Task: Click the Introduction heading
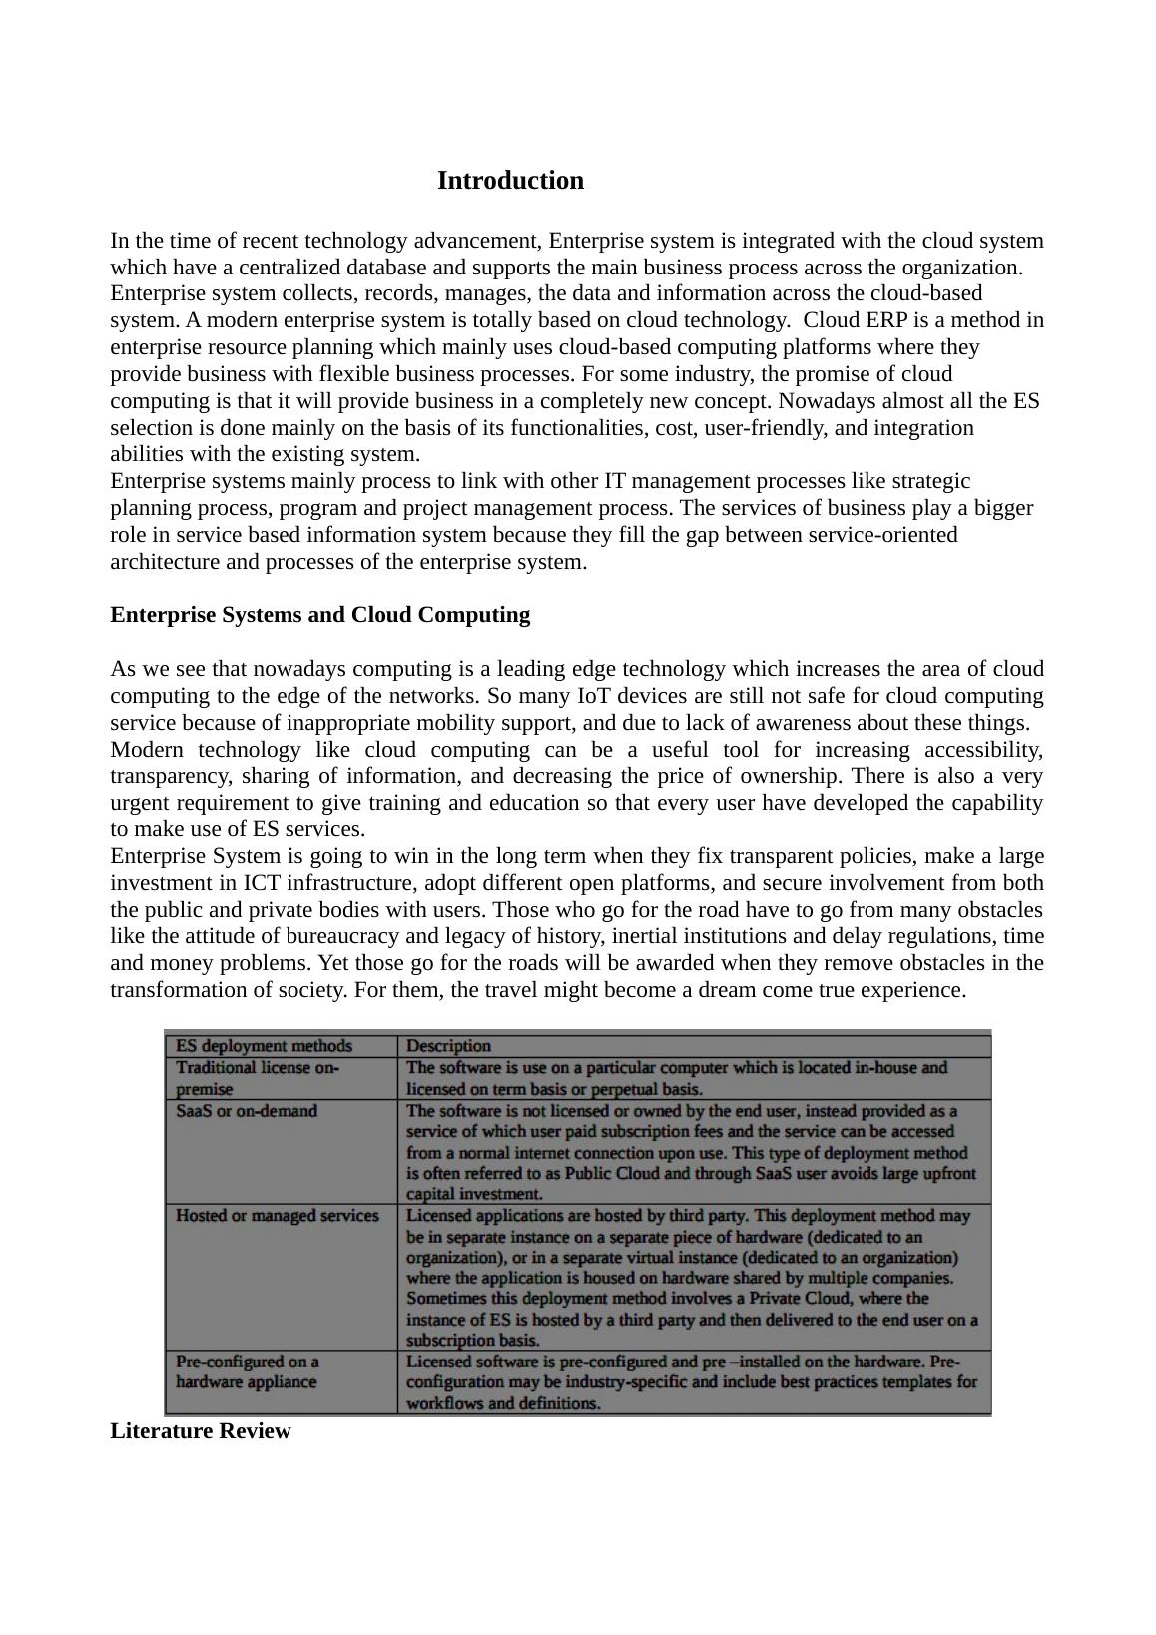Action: pyautogui.click(x=510, y=181)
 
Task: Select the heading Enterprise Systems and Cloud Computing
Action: pyautogui.click(x=319, y=614)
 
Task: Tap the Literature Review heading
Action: pyautogui.click(x=200, y=1430)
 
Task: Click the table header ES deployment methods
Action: pyautogui.click(x=264, y=1046)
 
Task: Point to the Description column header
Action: pyautogui.click(x=448, y=1046)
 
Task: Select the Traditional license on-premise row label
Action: pyautogui.click(x=257, y=1078)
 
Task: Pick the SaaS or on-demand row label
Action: pyautogui.click(x=246, y=1111)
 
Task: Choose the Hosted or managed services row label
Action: pyautogui.click(x=277, y=1215)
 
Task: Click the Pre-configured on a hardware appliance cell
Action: pyautogui.click(x=247, y=1371)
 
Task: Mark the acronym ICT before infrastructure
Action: pyautogui.click(x=262, y=883)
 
